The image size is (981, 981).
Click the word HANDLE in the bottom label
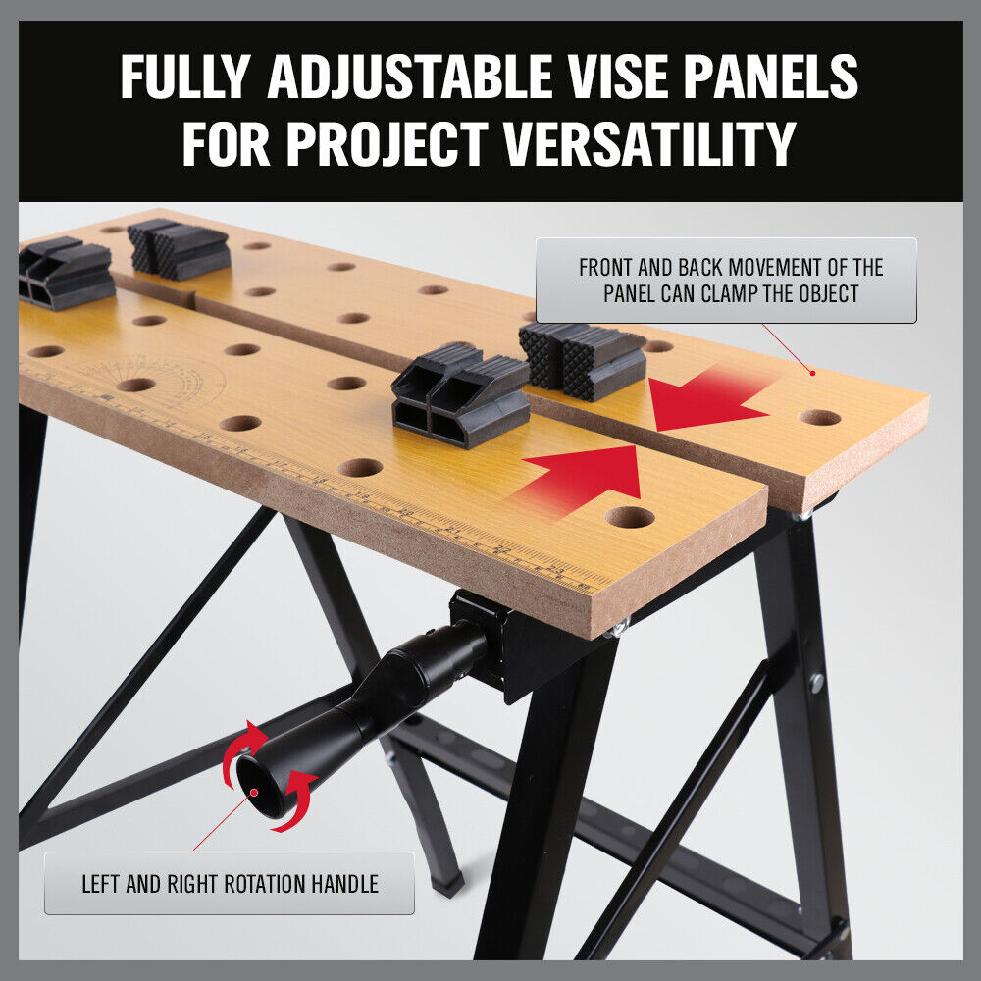344,884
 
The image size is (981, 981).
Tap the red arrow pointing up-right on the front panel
584,477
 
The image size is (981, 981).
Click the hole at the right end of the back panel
819,417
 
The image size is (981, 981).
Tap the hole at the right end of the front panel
629,517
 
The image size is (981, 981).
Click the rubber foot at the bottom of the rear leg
447,885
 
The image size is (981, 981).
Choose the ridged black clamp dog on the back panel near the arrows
583,360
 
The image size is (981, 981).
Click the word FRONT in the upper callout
607,268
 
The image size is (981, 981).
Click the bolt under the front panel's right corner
617,629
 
